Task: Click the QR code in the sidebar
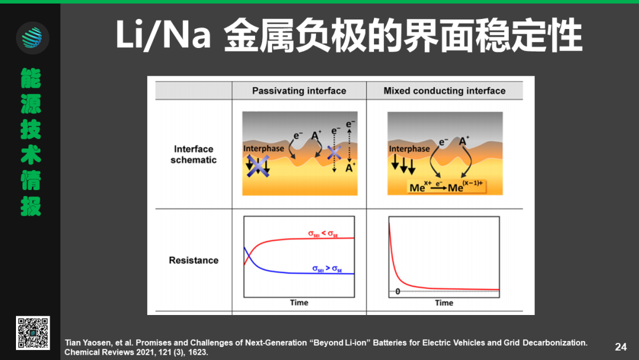point(33,333)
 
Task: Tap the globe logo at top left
point(33,38)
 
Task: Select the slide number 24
point(621,347)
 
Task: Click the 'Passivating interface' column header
point(299,91)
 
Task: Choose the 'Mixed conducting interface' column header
point(444,91)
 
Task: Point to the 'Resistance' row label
point(193,260)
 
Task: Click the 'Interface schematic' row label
point(193,155)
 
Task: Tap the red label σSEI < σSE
point(323,234)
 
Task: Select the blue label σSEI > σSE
point(327,269)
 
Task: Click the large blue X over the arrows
point(258,166)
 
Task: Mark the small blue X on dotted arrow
point(334,153)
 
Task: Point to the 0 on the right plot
point(398,291)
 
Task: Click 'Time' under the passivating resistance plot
point(299,303)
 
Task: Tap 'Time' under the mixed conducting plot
point(444,303)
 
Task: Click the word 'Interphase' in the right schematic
point(409,149)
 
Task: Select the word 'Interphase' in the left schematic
point(264,149)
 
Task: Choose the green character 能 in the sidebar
point(31,78)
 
